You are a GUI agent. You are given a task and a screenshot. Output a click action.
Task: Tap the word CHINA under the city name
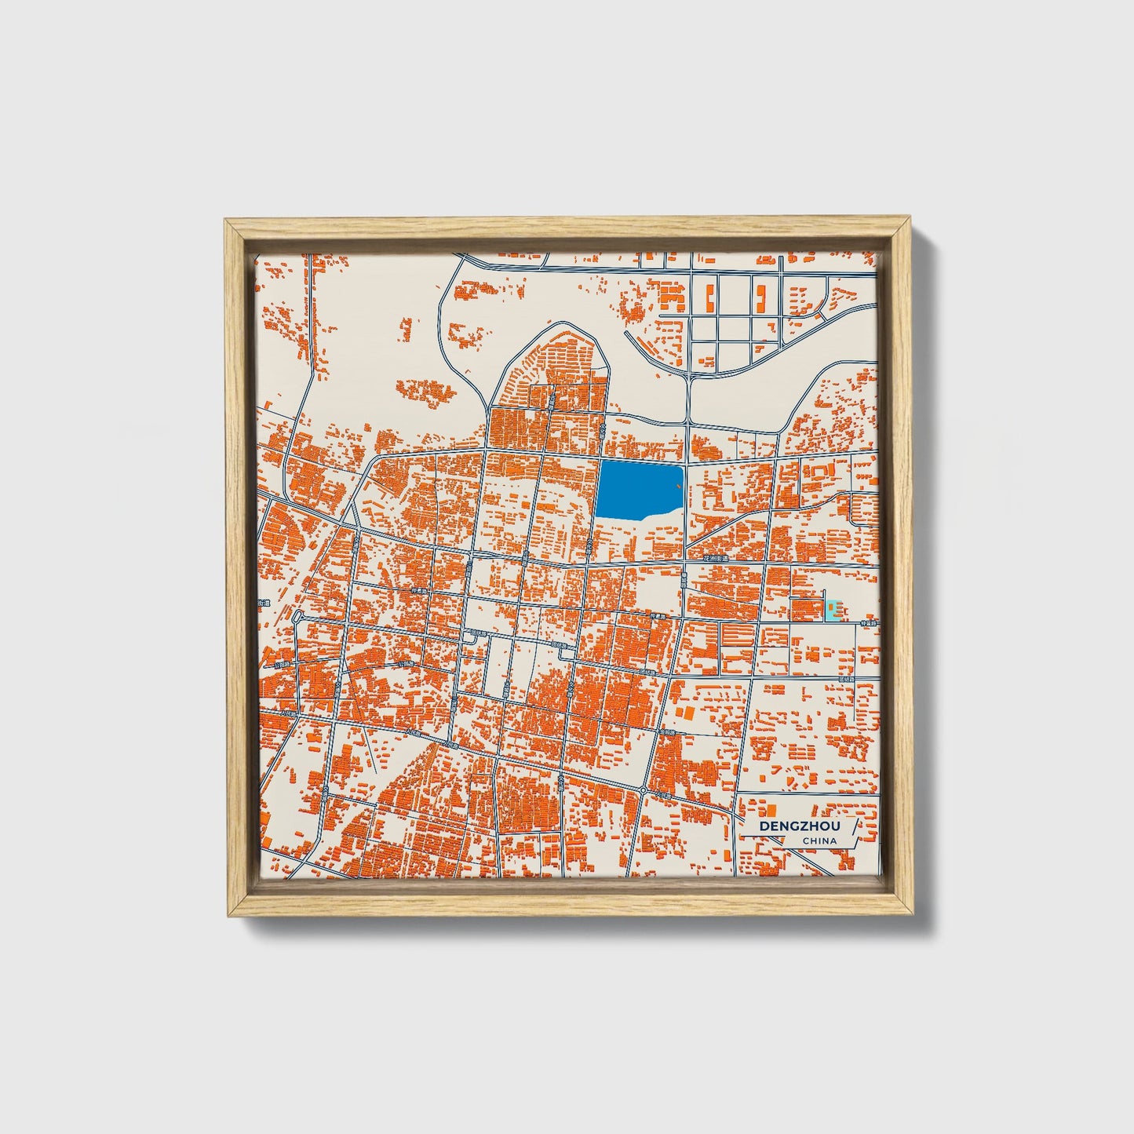[819, 841]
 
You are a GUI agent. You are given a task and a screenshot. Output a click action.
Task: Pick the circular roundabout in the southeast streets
[643, 789]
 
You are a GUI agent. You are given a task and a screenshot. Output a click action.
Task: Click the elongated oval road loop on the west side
[297, 618]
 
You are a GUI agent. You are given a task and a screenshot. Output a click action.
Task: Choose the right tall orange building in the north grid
[760, 297]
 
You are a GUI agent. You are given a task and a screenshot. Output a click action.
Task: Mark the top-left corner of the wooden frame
[225, 221]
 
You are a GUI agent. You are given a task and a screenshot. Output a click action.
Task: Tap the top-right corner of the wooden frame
[911, 221]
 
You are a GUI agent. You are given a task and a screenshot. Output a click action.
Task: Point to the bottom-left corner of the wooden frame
[225, 916]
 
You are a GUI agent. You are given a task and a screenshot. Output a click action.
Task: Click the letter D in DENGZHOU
[764, 826]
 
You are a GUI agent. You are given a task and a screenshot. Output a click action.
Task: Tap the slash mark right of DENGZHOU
[857, 827]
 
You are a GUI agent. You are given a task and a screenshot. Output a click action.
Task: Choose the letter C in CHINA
[806, 841]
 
